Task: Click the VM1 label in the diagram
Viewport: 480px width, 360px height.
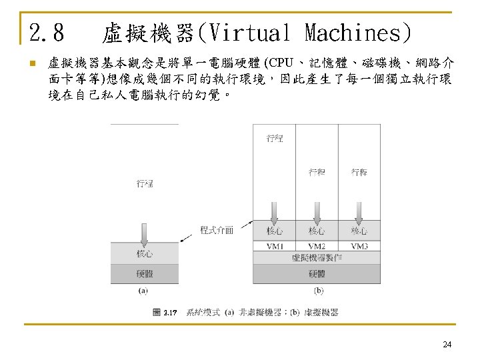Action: [274, 247]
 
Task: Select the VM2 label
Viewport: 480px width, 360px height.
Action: [317, 247]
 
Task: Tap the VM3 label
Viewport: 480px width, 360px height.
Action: [359, 247]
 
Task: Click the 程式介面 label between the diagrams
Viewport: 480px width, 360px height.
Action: [217, 230]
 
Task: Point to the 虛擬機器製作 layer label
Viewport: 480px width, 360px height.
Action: [317, 257]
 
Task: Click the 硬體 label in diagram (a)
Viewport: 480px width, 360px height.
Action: [145, 273]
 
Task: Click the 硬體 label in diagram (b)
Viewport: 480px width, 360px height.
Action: [317, 273]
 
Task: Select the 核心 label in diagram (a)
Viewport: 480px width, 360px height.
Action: [145, 254]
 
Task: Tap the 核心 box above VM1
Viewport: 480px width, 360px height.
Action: [274, 231]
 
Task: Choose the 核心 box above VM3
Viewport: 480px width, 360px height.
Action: [359, 231]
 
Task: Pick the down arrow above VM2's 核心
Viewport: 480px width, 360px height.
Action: [317, 213]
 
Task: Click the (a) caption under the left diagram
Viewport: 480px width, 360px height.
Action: [143, 290]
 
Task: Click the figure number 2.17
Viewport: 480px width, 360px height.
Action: [170, 313]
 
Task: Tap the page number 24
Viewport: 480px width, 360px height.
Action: [447, 345]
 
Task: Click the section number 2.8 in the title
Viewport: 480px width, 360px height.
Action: [47, 32]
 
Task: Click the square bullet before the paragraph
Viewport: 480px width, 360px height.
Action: [31, 65]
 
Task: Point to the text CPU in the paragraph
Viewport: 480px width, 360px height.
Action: [279, 64]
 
